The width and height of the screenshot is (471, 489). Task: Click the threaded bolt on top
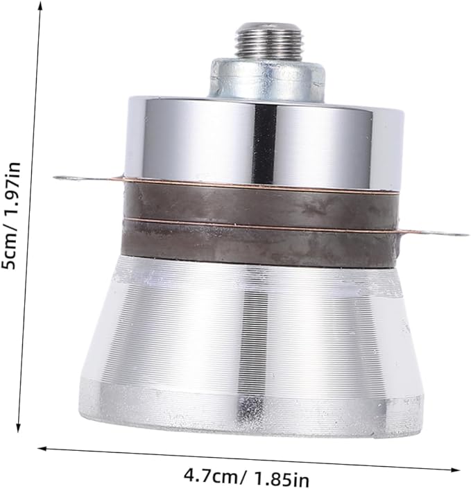[268, 40]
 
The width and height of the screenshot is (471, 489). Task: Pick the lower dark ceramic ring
[259, 242]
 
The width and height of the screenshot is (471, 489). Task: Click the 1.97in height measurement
[11, 193]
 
